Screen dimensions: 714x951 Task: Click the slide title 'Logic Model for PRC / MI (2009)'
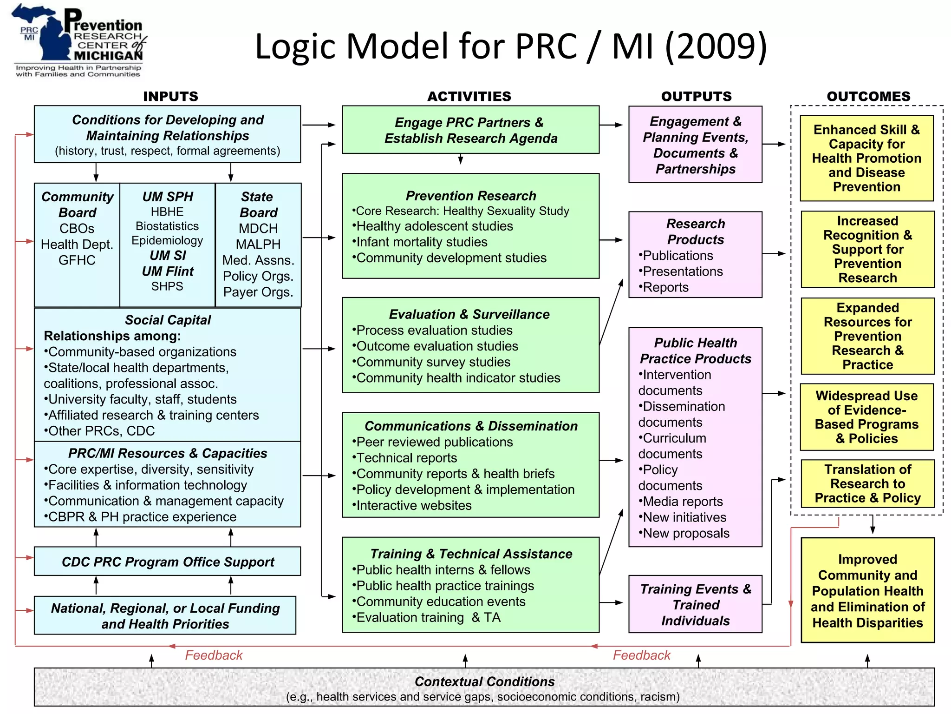(x=511, y=46)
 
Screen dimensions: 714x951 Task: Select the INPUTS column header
(x=170, y=96)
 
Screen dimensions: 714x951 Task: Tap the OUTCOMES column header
(x=868, y=96)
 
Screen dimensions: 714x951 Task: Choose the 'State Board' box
(x=258, y=245)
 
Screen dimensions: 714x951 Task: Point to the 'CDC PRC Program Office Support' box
(x=167, y=562)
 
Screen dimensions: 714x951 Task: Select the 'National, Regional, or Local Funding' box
(x=165, y=615)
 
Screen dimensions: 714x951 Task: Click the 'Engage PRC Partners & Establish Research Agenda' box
(x=470, y=130)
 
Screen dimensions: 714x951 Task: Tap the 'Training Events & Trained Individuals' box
(x=695, y=604)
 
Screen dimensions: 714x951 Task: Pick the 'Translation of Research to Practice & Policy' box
(x=867, y=483)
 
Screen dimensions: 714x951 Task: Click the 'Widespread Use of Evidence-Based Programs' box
(x=866, y=417)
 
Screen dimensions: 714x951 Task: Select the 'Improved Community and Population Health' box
(x=867, y=590)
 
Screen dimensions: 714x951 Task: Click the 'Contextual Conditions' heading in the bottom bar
(x=484, y=681)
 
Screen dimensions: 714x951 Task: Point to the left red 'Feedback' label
(x=214, y=655)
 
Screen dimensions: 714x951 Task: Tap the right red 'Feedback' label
(x=642, y=655)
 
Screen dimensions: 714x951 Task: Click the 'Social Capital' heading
(x=168, y=320)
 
